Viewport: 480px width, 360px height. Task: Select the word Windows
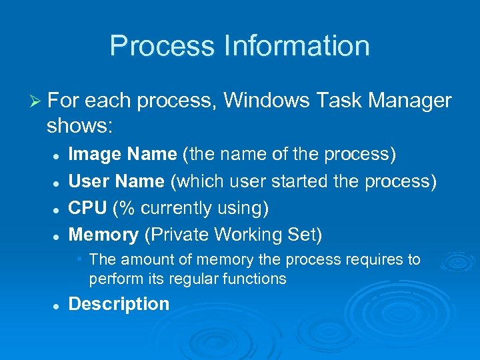click(x=266, y=101)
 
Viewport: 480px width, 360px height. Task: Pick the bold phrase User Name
click(x=116, y=181)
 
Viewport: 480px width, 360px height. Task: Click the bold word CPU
click(x=87, y=208)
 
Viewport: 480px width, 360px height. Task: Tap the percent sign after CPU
click(x=123, y=208)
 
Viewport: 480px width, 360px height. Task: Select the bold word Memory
click(x=103, y=235)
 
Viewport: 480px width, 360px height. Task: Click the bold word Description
click(x=119, y=304)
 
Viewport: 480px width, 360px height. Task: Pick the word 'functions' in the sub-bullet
click(x=255, y=279)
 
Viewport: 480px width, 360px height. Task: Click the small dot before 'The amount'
click(x=79, y=258)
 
